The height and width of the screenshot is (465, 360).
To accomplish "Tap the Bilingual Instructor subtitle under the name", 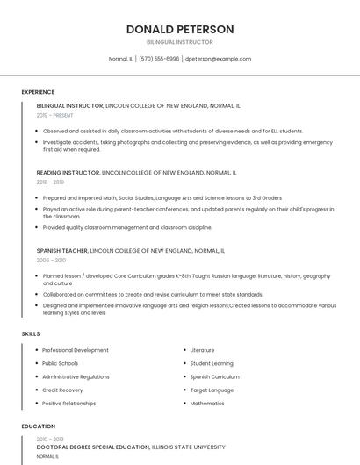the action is click(179, 42).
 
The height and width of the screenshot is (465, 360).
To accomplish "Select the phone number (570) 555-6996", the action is click(159, 59).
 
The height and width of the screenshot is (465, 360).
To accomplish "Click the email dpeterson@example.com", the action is click(218, 59).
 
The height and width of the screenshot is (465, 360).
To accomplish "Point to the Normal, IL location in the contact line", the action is click(120, 59).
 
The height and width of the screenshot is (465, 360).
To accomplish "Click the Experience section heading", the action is click(38, 92).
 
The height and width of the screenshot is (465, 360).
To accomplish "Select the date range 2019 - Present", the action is click(54, 115).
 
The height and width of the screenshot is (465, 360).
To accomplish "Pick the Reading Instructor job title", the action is click(68, 173).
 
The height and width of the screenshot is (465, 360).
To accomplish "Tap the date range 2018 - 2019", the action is click(50, 182).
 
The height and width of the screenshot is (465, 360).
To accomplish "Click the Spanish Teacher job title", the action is click(61, 250).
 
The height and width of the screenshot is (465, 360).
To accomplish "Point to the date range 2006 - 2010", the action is click(51, 260).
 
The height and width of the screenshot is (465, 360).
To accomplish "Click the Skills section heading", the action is click(31, 334).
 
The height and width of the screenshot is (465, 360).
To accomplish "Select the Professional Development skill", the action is click(76, 350).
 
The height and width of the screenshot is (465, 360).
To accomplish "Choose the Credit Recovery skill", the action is click(62, 390).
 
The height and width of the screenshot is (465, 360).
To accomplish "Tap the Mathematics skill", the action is click(207, 403).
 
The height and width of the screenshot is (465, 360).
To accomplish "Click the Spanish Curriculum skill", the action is click(214, 376).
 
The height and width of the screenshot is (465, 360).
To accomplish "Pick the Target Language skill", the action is click(212, 390).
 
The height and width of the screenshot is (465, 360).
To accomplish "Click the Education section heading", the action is click(38, 426).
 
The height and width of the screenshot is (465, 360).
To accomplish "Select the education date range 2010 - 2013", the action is click(50, 439).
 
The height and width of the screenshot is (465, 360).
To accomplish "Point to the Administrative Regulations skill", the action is click(76, 376).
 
